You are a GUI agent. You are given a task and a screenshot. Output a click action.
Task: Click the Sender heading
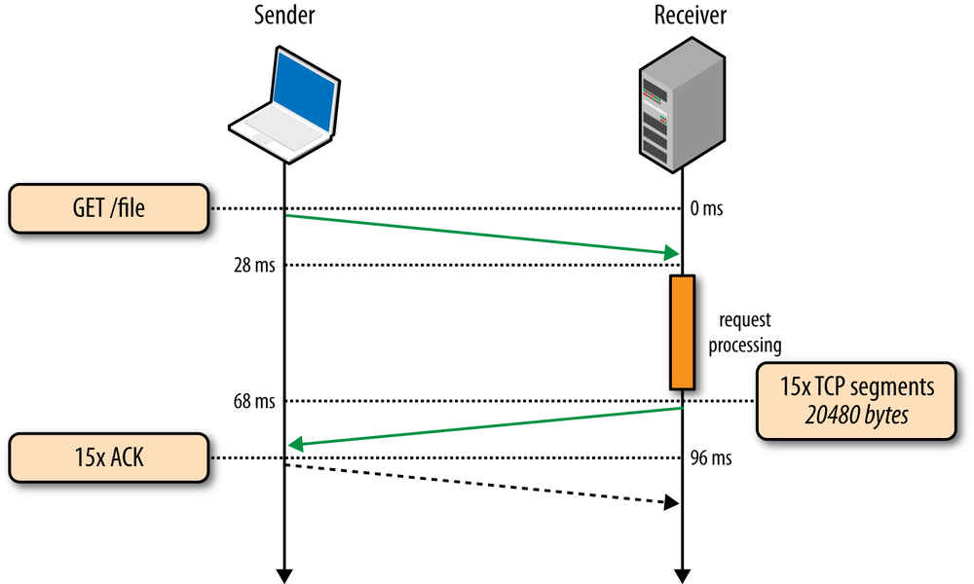[x=283, y=16]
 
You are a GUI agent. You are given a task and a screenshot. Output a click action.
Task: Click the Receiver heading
[x=690, y=16]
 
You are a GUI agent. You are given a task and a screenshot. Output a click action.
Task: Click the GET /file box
[x=108, y=208]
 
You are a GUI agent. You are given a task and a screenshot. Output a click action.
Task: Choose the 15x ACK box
[x=108, y=457]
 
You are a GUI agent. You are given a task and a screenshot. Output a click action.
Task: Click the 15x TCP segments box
[x=858, y=400]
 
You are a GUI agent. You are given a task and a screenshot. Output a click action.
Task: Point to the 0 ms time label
[x=707, y=208]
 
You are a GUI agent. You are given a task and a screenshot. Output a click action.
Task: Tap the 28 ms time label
[x=254, y=265]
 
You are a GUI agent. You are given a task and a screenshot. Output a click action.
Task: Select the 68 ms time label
[x=254, y=400]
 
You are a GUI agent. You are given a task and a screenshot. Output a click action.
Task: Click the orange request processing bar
[x=681, y=332]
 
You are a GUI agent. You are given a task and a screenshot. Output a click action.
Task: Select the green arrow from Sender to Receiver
[x=482, y=235]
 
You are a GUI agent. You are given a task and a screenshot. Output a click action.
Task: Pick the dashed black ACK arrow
[x=482, y=484]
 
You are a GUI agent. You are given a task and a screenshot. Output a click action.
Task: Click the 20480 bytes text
[x=857, y=414]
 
